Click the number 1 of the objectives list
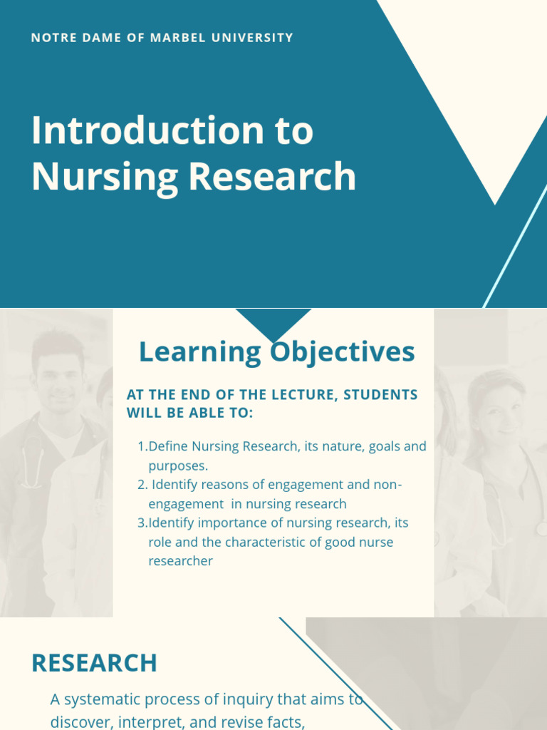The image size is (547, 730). tap(141, 447)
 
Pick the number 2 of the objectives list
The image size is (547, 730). tap(141, 485)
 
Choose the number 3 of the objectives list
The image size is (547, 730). tap(141, 523)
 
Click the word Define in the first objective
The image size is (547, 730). tap(166, 447)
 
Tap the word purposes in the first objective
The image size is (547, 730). tap(178, 466)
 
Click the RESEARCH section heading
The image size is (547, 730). tap(94, 663)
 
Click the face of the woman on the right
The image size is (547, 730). tap(499, 410)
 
